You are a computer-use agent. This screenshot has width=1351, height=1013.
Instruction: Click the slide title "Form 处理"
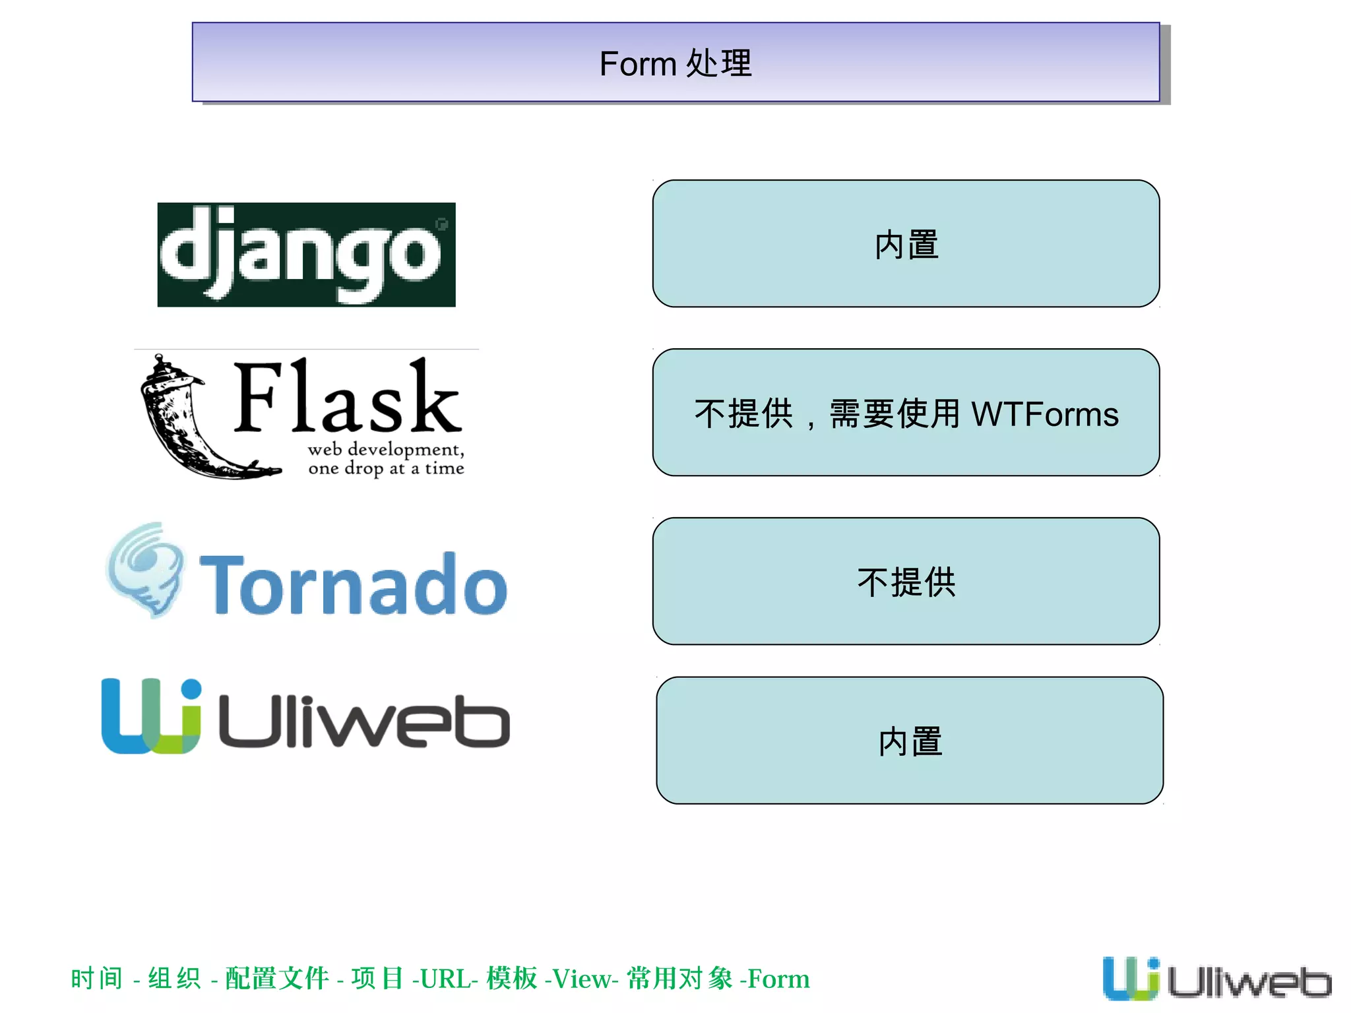(675, 63)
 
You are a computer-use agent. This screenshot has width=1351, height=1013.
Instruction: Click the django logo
(306, 255)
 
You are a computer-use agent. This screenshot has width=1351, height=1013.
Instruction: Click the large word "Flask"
(347, 397)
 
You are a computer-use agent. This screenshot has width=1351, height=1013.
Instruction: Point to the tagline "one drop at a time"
(386, 468)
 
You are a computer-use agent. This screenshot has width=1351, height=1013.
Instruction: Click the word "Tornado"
(353, 584)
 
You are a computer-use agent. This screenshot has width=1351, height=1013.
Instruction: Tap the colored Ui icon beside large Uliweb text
(151, 716)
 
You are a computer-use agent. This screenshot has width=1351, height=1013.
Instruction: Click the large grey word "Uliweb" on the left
(363, 721)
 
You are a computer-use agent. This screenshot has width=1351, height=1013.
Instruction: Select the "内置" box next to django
(906, 244)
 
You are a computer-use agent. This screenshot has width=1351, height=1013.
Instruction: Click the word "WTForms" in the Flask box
(1044, 414)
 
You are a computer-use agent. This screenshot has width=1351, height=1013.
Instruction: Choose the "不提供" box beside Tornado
(906, 582)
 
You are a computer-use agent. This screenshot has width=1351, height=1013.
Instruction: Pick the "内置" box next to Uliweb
(909, 741)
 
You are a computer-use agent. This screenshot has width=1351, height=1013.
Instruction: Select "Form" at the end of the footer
(778, 979)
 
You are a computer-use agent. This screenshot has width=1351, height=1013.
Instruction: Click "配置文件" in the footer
(277, 979)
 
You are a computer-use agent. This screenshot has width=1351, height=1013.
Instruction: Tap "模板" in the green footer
(512, 979)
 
